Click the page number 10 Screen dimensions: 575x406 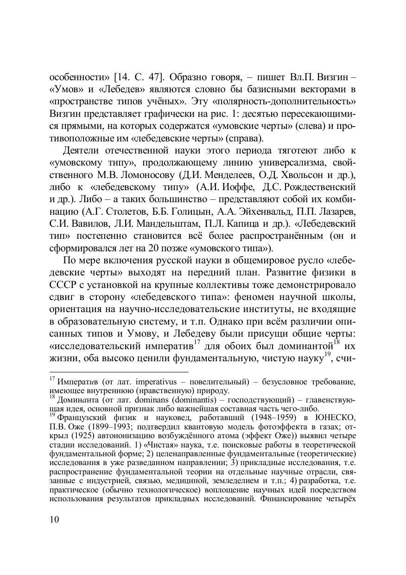tap(54, 519)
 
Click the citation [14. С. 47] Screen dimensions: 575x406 tap(137, 76)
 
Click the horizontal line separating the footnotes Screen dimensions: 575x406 tap(119, 372)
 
